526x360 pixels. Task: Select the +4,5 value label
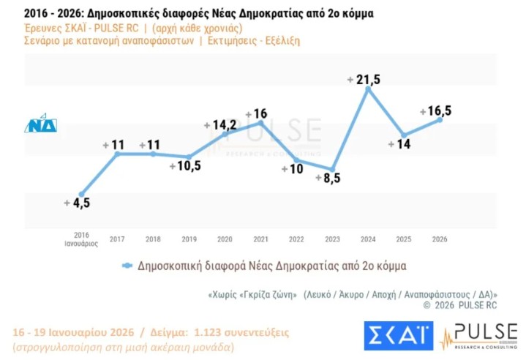76,203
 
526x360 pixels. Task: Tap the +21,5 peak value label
364,79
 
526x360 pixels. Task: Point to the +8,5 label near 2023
328,177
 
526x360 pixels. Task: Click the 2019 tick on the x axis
189,239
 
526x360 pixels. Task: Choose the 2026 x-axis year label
440,239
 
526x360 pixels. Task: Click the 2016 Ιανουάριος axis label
80,239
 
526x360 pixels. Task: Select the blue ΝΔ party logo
41,124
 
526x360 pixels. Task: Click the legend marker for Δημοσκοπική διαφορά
127,266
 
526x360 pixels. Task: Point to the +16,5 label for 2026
435,111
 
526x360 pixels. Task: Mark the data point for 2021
260,123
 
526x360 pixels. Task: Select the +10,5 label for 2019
185,166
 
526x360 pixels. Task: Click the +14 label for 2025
399,144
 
